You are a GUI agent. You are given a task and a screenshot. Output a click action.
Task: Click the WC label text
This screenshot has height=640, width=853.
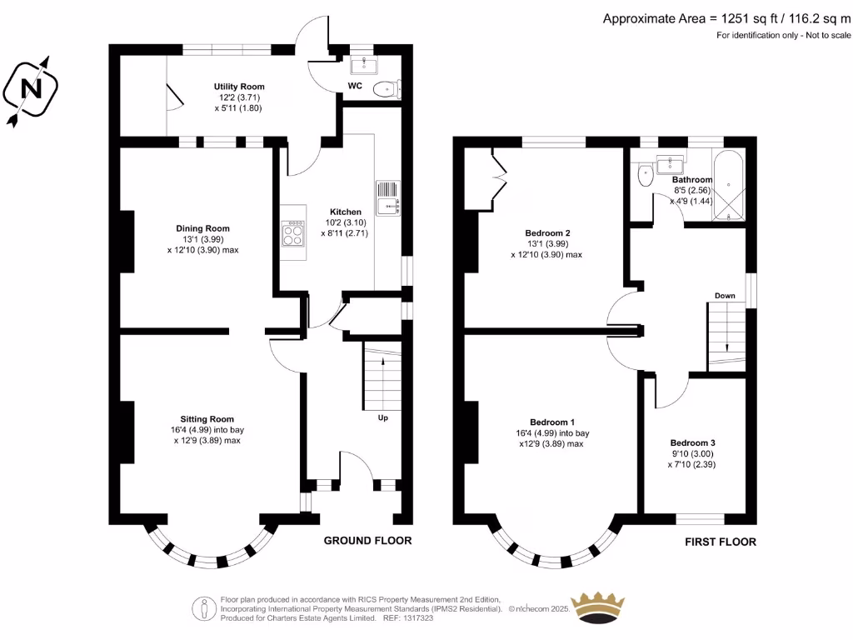[x=354, y=85]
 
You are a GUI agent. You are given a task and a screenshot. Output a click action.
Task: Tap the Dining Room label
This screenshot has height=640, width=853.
[x=202, y=228]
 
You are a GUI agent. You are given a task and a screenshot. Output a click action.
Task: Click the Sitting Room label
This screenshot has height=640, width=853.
[x=207, y=419]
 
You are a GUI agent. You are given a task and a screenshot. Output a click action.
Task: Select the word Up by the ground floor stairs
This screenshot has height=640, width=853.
[x=383, y=417]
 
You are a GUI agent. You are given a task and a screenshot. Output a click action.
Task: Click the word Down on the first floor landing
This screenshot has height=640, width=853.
[x=725, y=296]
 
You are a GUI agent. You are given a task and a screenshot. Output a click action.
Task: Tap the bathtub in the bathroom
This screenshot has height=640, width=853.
[x=730, y=185]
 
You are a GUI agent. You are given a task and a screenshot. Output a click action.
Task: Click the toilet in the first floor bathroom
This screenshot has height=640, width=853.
[x=645, y=177]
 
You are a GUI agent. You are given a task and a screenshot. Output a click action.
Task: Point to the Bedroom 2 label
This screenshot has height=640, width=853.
[x=547, y=233]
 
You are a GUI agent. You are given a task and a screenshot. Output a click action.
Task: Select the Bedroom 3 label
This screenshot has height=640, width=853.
[x=693, y=442]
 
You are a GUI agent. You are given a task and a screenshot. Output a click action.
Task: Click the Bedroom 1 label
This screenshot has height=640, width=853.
[x=551, y=422]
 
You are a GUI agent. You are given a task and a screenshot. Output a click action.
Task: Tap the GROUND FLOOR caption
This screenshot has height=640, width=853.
[x=367, y=541]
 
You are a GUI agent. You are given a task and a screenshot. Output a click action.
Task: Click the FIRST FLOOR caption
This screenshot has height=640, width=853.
[x=721, y=542]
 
